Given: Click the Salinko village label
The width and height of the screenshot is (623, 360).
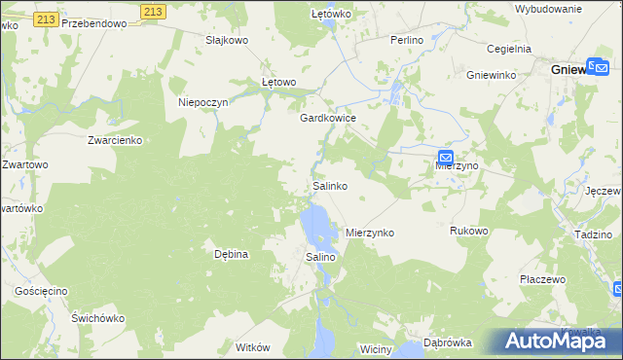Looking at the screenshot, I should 330,185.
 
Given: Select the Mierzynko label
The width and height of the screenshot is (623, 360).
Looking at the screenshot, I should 370,234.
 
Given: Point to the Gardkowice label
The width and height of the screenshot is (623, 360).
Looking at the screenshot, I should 328,117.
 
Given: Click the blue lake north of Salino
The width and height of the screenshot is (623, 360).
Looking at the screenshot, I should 316,226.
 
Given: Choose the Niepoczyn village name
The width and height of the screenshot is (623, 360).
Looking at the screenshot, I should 203,102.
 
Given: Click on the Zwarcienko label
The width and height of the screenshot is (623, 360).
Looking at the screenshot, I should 115,140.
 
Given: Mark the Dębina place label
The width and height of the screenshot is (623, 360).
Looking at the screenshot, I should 233,254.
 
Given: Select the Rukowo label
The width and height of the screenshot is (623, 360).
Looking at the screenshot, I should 468,231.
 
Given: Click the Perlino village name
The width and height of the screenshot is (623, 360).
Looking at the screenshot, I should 407,40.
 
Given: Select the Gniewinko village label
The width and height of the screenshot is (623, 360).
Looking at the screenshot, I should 491,75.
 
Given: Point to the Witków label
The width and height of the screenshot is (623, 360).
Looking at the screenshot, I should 252,347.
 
